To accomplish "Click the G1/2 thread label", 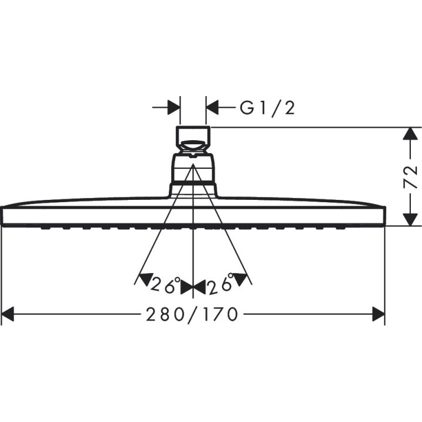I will click(x=267, y=108).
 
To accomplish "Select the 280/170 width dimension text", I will click(x=193, y=315).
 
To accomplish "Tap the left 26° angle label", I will click(x=165, y=285).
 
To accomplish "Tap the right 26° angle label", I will click(x=220, y=285).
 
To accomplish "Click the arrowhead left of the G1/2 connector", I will click(x=173, y=108).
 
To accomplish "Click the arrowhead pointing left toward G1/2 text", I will click(x=213, y=108).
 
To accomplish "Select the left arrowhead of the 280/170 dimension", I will click(x=8, y=315).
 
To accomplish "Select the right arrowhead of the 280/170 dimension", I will click(x=378, y=315).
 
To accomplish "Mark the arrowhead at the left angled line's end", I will click(x=141, y=279).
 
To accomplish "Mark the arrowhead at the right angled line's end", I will click(x=244, y=279).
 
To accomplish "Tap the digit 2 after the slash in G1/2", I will click(x=288, y=108).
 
